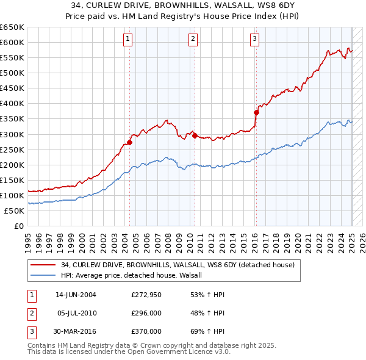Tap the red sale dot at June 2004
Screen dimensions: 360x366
[x=130, y=142]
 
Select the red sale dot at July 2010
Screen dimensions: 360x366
[x=195, y=135]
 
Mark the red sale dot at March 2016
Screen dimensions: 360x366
[x=257, y=112]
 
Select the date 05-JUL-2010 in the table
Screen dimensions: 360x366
[x=76, y=313]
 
